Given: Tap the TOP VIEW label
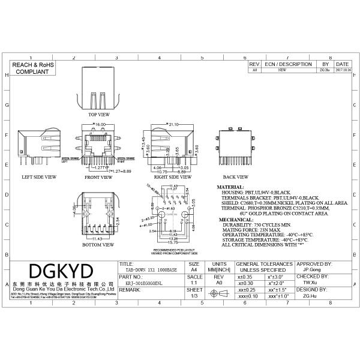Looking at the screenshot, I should pos(99,114).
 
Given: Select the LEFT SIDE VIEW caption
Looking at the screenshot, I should pos(39,177).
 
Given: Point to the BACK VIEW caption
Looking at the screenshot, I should pos(235,177).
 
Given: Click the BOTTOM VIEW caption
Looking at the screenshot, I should pos(98,245).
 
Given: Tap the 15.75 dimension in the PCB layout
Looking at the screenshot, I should pos(173,242).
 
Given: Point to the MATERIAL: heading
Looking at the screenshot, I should pos(230,187).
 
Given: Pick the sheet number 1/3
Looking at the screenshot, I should pos(194,296).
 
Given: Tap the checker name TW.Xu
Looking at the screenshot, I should pos(310,283).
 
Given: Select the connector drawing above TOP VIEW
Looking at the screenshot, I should pos(99,87).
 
